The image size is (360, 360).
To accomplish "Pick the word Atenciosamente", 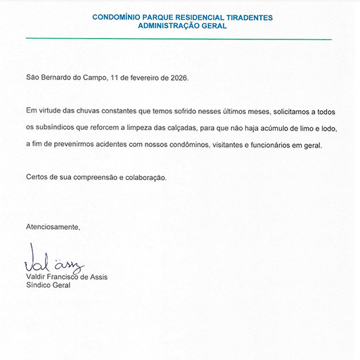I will pos(53,227).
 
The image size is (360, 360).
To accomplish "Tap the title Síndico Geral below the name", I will pos(49,285).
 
